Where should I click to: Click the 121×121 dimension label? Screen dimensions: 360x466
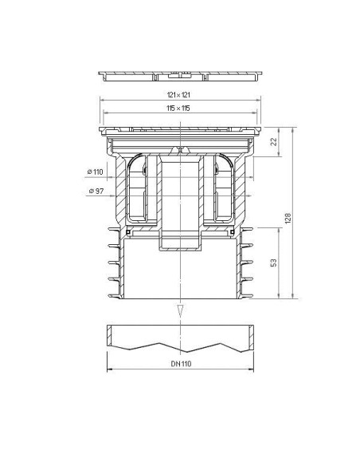click(x=178, y=95)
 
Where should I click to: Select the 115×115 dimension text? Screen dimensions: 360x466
click(x=178, y=109)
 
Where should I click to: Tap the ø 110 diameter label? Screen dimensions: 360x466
click(x=96, y=172)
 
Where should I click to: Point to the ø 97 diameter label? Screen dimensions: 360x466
click(x=96, y=191)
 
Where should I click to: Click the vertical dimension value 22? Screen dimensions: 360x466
click(x=274, y=141)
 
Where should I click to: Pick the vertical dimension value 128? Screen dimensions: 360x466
click(x=288, y=219)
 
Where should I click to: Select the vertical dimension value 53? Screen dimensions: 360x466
click(x=273, y=263)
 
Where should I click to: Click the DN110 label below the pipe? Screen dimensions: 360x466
click(x=181, y=364)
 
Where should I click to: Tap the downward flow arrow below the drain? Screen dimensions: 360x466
click(x=180, y=310)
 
